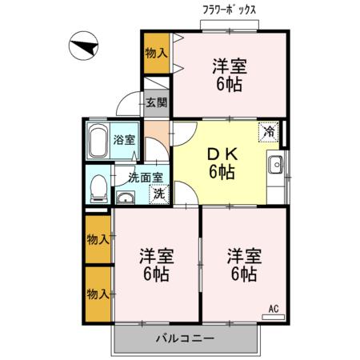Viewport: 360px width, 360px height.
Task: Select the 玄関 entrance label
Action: coord(157,102)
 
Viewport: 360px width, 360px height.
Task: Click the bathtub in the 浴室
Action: coord(99,141)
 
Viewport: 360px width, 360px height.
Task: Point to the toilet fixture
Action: coord(98,189)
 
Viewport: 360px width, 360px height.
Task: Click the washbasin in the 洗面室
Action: coord(126,198)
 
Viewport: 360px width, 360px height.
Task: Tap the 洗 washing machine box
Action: coord(160,193)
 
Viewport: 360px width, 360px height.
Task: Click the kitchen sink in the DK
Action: coord(276,166)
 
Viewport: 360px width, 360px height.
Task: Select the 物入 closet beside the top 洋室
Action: coord(156,54)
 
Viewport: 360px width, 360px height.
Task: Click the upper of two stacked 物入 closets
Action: coord(98,238)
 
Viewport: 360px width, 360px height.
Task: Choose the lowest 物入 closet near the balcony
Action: coord(98,294)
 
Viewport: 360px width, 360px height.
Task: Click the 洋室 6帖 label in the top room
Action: coord(229,74)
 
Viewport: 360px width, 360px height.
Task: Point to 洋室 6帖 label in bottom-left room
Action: coord(155,265)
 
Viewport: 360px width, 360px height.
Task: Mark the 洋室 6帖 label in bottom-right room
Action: coord(241,265)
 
